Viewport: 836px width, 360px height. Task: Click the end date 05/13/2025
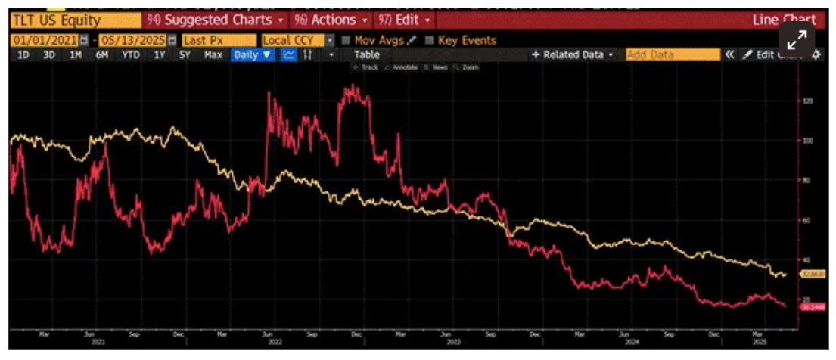tap(137, 40)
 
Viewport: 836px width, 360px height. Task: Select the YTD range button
tap(131, 55)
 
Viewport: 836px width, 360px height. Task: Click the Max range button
tap(213, 55)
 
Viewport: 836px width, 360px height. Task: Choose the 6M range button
tap(102, 55)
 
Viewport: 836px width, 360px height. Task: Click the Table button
tap(367, 55)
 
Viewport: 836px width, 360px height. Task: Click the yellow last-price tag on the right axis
tap(814, 274)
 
